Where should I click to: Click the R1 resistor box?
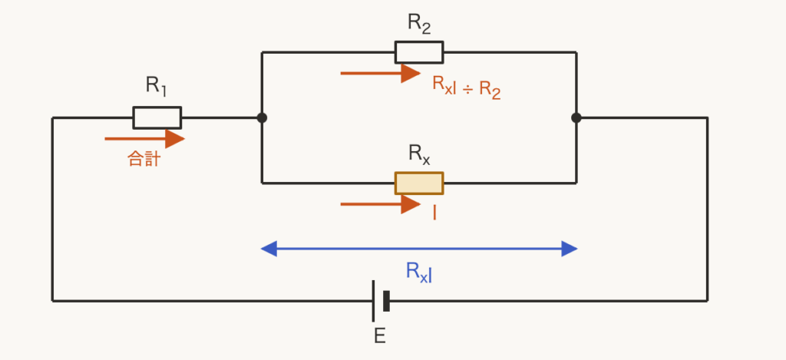pyautogui.click(x=157, y=118)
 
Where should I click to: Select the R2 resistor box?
pyautogui.click(x=419, y=52)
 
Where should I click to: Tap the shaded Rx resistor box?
pyautogui.click(x=419, y=183)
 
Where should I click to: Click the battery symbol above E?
pyautogui.click(x=381, y=301)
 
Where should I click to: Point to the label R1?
pyautogui.click(x=157, y=85)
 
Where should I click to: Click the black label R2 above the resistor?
pyautogui.click(x=419, y=23)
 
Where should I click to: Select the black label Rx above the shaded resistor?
pyautogui.click(x=419, y=154)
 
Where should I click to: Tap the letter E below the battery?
pyautogui.click(x=380, y=336)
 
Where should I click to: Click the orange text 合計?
pyautogui.click(x=144, y=159)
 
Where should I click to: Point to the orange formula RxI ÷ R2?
pyautogui.click(x=466, y=88)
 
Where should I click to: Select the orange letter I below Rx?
pyautogui.click(x=434, y=213)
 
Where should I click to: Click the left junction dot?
pyautogui.click(x=262, y=118)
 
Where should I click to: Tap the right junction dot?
pyautogui.click(x=576, y=118)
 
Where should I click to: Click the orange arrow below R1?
pyautogui.click(x=144, y=139)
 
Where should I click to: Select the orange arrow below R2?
pyautogui.click(x=381, y=73)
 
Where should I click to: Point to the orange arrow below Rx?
pyautogui.click(x=381, y=204)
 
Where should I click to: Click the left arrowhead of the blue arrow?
pyautogui.click(x=269, y=249)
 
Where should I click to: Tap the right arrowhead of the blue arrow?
pyautogui.click(x=570, y=249)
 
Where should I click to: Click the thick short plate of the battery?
pyautogui.click(x=387, y=301)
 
